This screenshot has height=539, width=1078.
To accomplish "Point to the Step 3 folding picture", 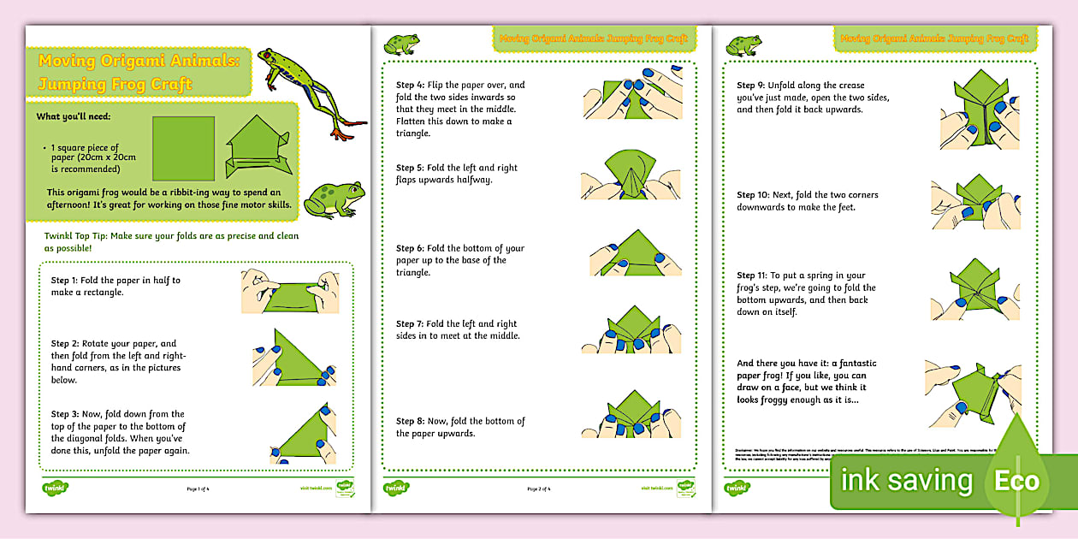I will coord(302,434).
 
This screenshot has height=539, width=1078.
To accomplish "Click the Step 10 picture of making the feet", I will coord(975,202).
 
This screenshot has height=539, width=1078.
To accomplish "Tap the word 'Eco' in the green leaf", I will coord(1016,481).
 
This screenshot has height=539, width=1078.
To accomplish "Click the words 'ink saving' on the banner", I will coord(906,481).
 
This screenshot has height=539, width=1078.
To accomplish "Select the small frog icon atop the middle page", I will coord(401,43).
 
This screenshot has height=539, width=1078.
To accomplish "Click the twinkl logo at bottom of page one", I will coord(56,489).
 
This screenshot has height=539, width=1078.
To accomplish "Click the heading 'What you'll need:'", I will coord(74,116).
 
